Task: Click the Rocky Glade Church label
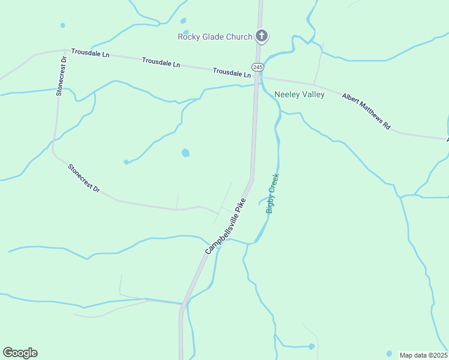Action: (215, 37)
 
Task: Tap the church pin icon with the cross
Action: (261, 36)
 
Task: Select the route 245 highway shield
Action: (258, 67)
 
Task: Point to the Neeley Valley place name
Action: (300, 94)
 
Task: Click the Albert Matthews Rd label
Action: (367, 112)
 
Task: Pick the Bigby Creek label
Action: (273, 193)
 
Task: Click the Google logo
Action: (20, 353)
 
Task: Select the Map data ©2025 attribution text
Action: (424, 355)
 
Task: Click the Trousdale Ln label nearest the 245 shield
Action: (232, 73)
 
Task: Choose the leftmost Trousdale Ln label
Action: (90, 53)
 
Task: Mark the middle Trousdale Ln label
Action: (161, 62)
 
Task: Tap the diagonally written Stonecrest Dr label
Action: (84, 179)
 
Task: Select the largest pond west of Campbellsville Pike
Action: (185, 153)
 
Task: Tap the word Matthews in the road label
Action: (371, 114)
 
